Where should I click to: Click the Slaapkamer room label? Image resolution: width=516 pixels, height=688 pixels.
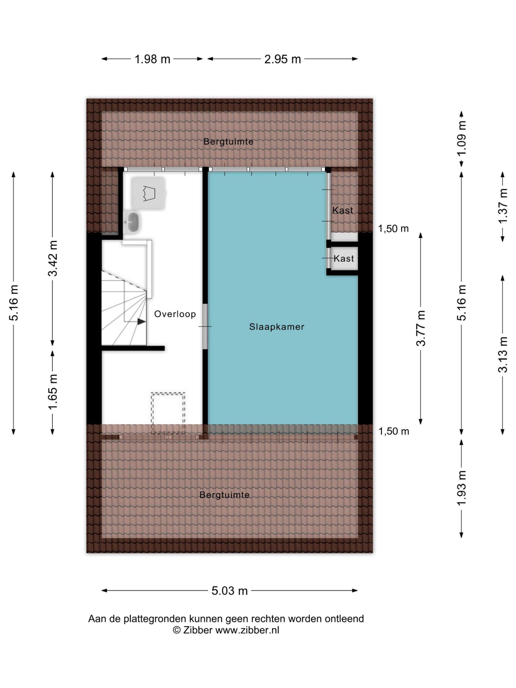[277, 327]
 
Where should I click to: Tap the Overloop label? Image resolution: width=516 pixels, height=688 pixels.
[175, 314]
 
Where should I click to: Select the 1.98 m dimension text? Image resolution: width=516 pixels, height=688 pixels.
[152, 59]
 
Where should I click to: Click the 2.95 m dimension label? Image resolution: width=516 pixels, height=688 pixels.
[283, 59]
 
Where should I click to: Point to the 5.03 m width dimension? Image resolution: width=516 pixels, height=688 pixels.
[230, 591]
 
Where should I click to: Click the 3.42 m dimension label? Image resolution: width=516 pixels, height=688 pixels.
[53, 258]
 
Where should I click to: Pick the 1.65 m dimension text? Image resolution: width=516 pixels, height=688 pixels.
[53, 392]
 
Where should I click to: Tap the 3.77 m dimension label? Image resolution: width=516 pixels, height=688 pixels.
[421, 328]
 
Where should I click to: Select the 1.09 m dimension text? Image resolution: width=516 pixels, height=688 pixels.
[462, 138]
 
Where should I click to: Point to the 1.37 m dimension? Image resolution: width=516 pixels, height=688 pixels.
[503, 206]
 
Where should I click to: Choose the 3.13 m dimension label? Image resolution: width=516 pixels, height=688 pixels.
[503, 354]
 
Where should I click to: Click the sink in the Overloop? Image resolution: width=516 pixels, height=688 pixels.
[132, 222]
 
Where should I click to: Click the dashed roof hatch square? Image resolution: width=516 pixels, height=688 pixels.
[168, 413]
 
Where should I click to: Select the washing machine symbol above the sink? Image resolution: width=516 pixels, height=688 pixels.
[148, 193]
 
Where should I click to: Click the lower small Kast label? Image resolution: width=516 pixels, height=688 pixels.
[344, 258]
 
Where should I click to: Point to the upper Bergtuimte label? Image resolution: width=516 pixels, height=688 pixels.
[228, 142]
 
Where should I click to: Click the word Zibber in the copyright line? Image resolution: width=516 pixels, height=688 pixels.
[198, 630]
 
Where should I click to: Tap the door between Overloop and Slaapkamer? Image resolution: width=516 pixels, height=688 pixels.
[205, 327]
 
